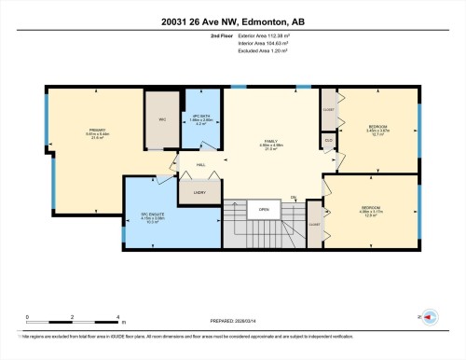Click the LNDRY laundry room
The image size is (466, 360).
199,192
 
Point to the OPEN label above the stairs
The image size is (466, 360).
265,209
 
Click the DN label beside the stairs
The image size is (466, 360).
293,197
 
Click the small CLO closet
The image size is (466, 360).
328,140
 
